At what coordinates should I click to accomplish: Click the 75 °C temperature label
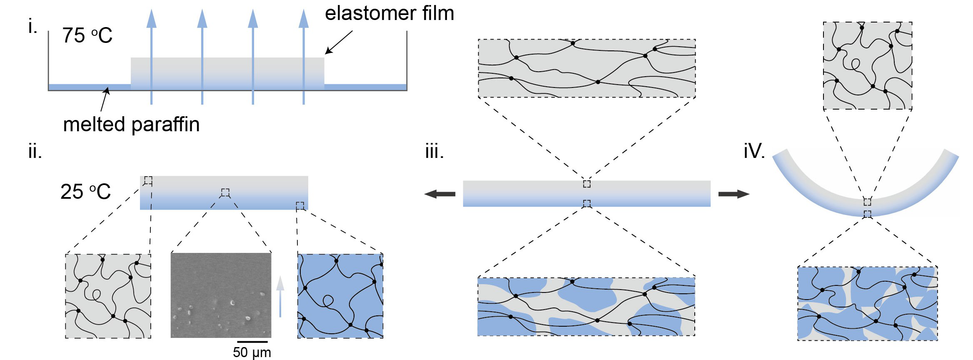tap(87, 35)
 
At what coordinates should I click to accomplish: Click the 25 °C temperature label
tap(86, 192)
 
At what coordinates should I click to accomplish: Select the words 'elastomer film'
tap(389, 13)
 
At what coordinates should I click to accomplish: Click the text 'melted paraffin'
tap(131, 124)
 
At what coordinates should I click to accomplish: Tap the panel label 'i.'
tap(32, 27)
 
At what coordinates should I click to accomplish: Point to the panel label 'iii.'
tap(434, 151)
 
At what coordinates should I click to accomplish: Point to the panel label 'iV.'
tap(754, 151)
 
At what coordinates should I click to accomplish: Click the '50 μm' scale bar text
tap(252, 352)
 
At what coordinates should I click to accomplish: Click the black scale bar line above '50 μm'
tap(252, 342)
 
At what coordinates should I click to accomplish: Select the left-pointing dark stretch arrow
tap(440, 194)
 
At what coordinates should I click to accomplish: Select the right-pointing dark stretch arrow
tap(734, 194)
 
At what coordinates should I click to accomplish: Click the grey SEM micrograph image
tap(221, 295)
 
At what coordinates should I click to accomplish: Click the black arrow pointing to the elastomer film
tap(338, 42)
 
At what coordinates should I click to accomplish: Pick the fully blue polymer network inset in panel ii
tap(340, 296)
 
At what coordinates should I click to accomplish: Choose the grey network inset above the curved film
tap(868, 66)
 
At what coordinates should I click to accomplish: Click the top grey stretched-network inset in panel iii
tap(586, 69)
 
